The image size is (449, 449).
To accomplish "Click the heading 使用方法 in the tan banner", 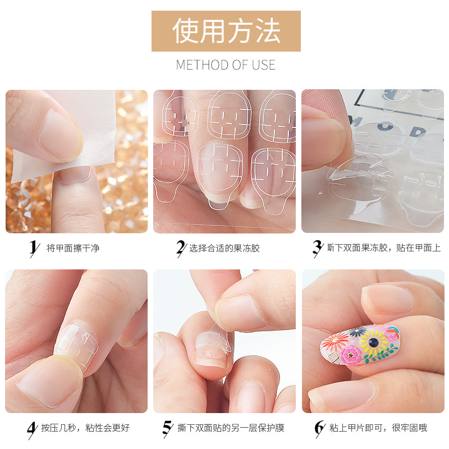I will tap(226, 31).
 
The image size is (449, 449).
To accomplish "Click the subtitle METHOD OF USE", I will tap(226, 65).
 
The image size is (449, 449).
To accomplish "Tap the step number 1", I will tap(33, 248).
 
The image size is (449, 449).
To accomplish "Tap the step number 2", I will tap(181, 248).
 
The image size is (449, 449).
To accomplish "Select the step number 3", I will tap(317, 248).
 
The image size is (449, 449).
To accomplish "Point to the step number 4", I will tap(32, 428).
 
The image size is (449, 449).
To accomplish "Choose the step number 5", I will tap(167, 428).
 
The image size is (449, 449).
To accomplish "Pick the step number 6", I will tap(319, 428).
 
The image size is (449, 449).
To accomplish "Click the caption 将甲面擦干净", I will tap(73, 248).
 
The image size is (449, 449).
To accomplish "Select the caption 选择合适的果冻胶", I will tap(225, 248).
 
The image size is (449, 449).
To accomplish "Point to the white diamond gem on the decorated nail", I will tap(333, 356).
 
